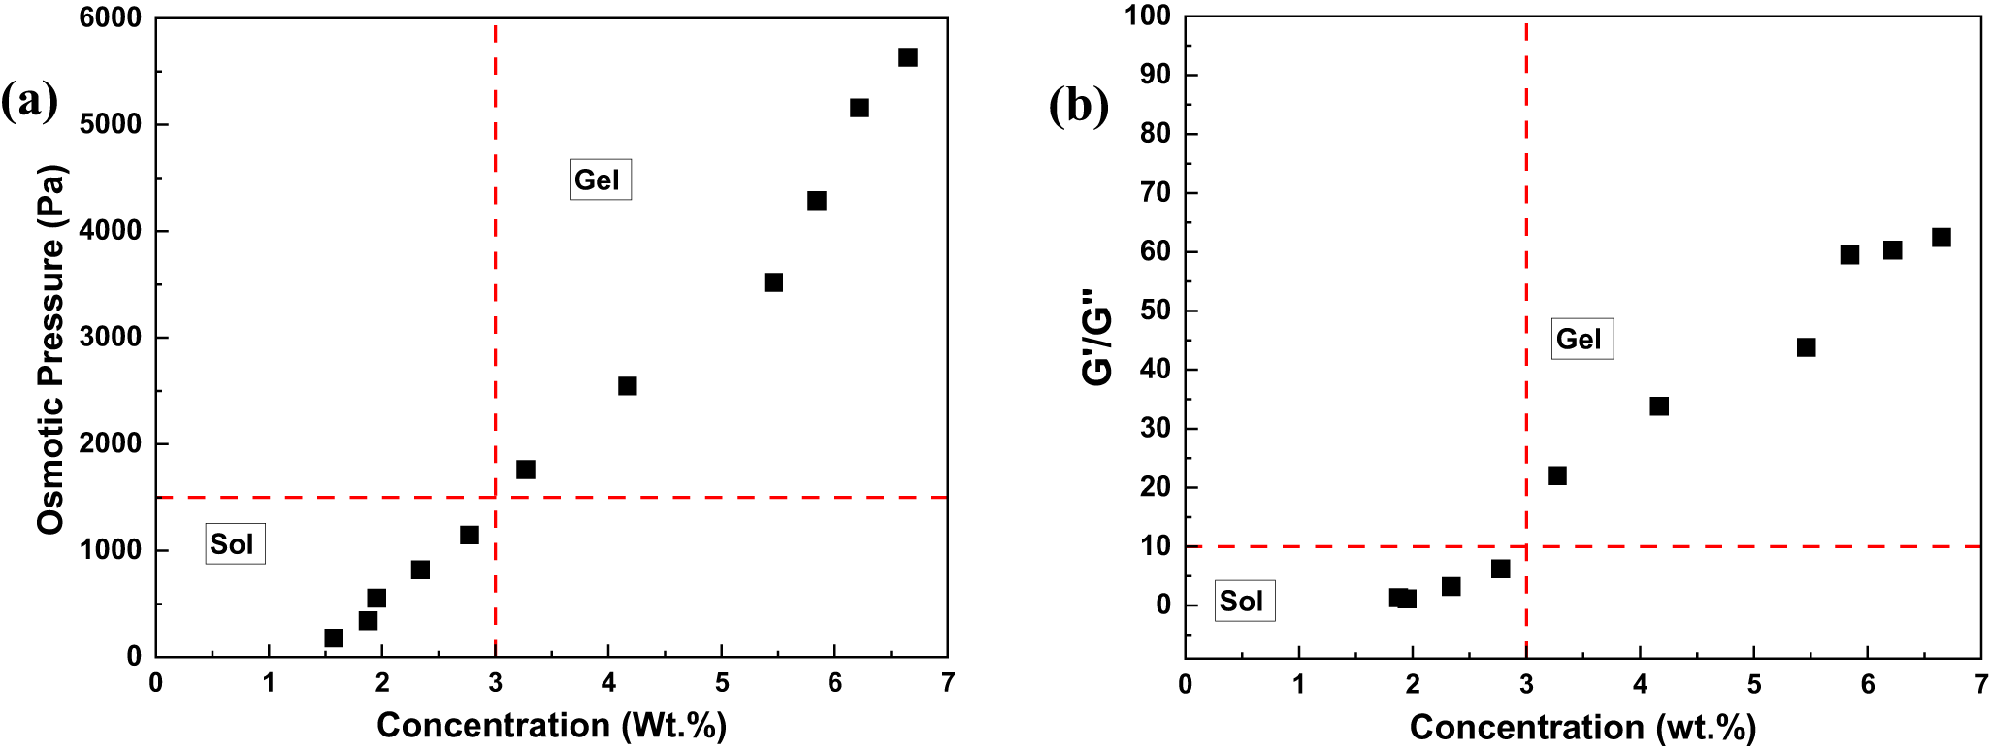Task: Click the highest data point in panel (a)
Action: coord(907,57)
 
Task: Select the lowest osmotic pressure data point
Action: coord(334,638)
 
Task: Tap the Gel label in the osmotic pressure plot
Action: coord(600,180)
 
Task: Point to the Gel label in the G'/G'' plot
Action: coord(1581,339)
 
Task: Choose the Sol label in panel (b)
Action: coord(1244,601)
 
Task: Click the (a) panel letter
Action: coord(29,101)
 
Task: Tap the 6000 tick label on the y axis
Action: coord(111,18)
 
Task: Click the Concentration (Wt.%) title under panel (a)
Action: coord(551,725)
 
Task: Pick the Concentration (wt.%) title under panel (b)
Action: coord(1582,727)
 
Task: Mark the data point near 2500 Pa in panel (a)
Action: coord(627,386)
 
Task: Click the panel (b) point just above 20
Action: coord(1556,475)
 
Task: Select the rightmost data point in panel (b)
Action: coord(1940,238)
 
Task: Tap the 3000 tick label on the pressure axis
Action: coord(111,338)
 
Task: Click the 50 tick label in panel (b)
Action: coord(1157,311)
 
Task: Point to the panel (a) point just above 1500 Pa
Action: coord(525,470)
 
